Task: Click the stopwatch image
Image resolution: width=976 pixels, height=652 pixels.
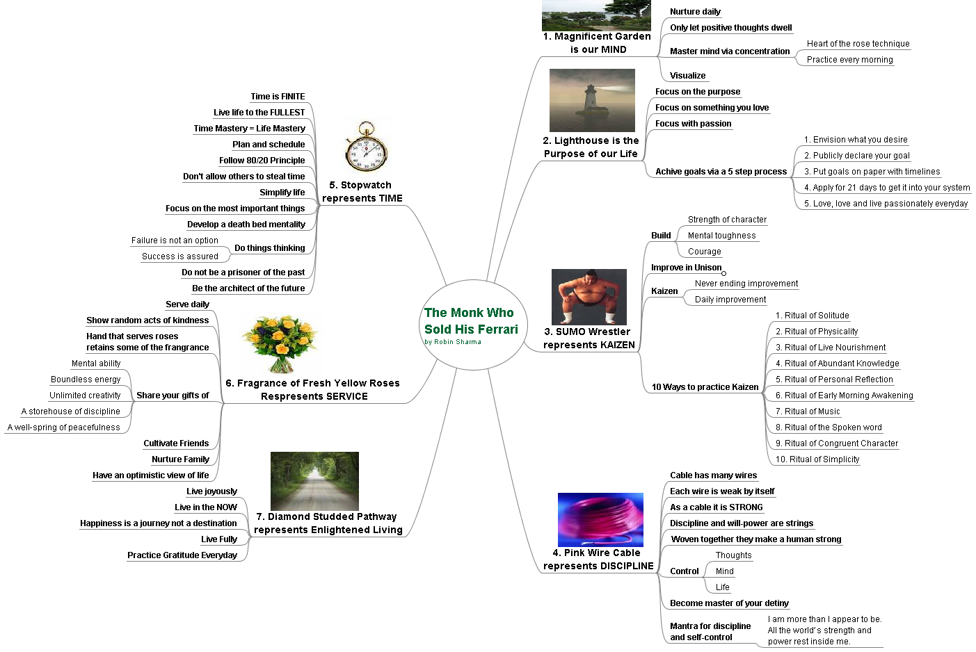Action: [x=366, y=147]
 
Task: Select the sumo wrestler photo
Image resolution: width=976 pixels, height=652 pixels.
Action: [x=589, y=297]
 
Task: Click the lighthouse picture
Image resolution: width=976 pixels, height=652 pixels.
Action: [x=592, y=100]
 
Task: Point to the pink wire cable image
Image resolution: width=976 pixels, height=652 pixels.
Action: [x=600, y=519]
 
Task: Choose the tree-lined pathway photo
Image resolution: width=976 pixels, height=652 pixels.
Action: [x=314, y=481]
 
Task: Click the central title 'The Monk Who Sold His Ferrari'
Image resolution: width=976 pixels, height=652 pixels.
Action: [x=470, y=321]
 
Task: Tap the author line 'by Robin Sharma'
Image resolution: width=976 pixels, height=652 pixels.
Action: [x=452, y=342]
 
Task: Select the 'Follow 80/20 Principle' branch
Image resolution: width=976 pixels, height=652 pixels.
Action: [x=262, y=161]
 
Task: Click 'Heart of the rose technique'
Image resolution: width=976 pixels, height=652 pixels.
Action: [x=858, y=44]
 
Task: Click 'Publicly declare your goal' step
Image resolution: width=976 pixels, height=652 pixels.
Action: [x=857, y=156]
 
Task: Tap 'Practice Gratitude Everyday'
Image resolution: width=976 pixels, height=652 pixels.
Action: [x=182, y=555]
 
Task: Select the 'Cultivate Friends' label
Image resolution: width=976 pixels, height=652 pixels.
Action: [x=176, y=443]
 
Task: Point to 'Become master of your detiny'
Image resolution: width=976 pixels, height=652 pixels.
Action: [x=729, y=603]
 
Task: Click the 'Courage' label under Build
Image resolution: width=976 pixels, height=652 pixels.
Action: [x=704, y=252]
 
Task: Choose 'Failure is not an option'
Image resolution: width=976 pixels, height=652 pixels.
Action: [x=175, y=241]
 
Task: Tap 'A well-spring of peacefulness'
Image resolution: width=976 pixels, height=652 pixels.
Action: [x=63, y=427]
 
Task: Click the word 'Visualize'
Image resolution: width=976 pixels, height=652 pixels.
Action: [x=687, y=76]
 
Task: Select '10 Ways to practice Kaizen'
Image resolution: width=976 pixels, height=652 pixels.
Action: [x=705, y=387]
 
